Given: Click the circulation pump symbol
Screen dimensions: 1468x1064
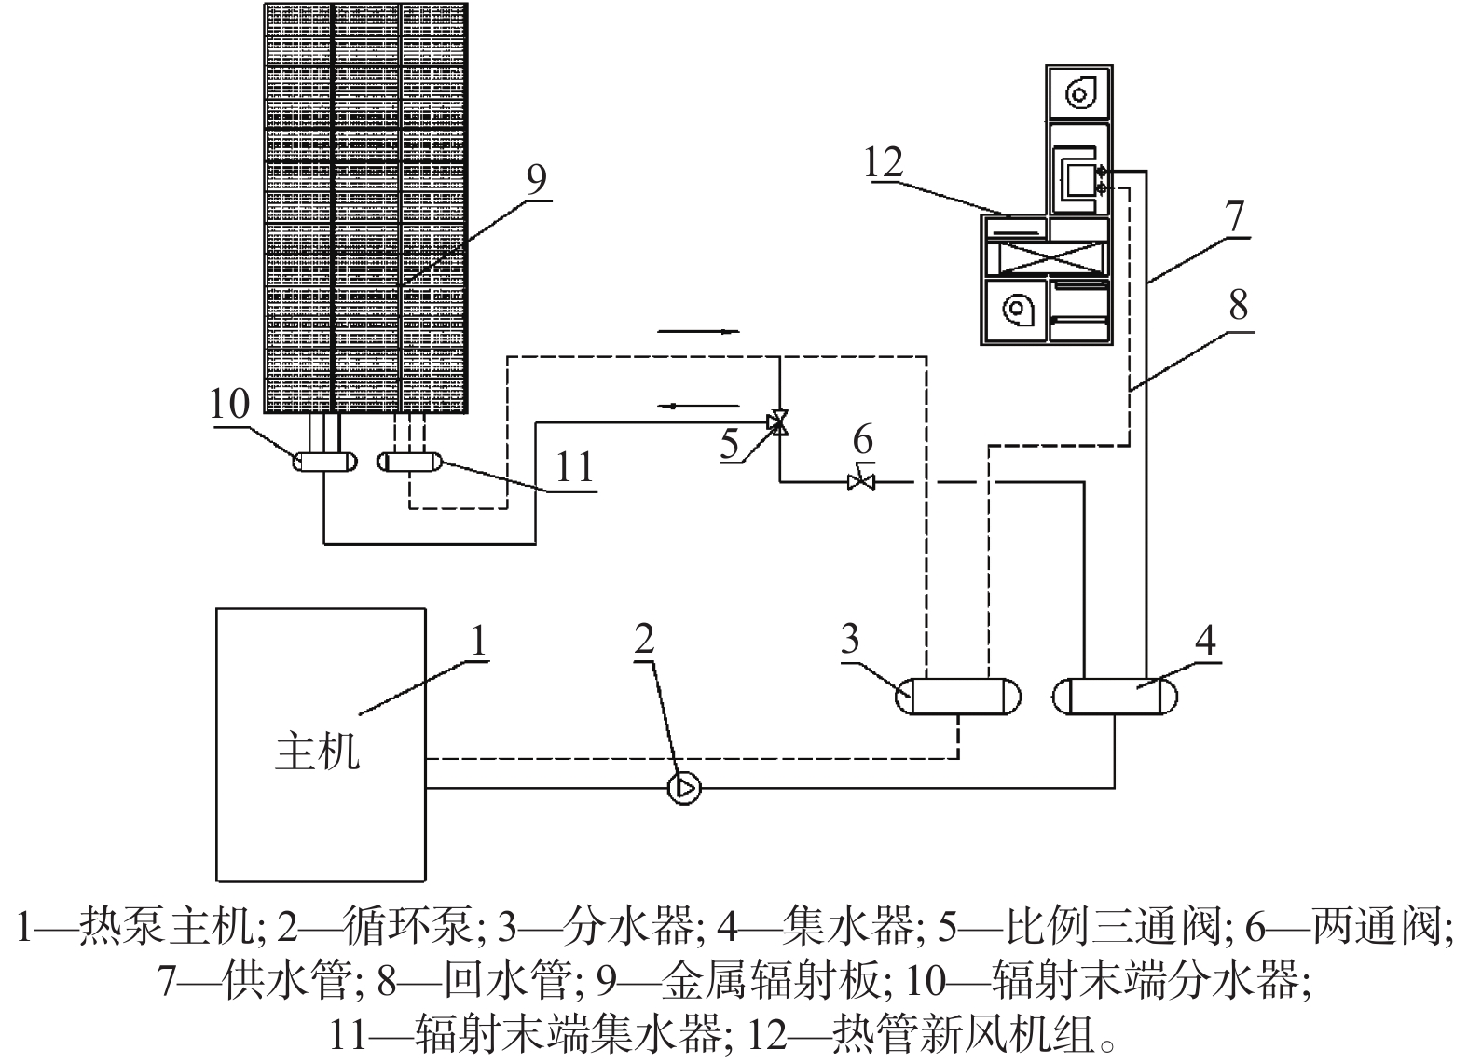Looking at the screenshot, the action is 683,787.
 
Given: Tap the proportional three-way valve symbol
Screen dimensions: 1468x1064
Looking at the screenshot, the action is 778,422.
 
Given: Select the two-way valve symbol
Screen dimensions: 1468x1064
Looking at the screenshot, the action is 861,480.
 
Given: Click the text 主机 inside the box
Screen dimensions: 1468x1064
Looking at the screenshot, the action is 317,752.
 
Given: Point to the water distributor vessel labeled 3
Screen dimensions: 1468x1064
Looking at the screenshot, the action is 957,697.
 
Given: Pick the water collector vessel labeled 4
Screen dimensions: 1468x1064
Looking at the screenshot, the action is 1114,697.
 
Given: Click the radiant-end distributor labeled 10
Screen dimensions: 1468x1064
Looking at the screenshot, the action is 324,462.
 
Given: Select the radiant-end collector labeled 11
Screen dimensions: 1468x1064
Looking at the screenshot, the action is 409,462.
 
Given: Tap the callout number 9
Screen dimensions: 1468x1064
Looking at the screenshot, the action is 536,178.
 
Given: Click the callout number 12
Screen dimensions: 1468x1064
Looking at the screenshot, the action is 884,162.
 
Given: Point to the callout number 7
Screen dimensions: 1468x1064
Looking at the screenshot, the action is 1235,216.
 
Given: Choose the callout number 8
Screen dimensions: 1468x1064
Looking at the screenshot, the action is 1238,305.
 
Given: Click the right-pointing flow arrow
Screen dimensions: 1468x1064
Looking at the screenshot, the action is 699,332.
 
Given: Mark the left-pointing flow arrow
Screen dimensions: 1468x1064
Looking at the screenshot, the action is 699,406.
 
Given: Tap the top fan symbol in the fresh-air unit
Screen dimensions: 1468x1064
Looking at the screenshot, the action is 1078,95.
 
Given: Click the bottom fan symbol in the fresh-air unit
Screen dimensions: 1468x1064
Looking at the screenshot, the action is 1017,310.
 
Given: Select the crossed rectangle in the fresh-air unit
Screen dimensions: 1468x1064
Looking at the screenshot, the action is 1047,258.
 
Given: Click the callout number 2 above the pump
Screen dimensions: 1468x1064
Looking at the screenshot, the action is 643,638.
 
